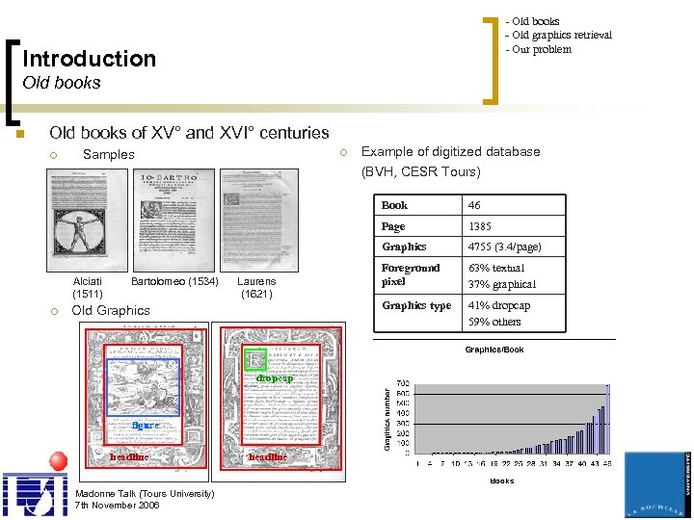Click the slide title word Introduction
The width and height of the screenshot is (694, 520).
pos(89,59)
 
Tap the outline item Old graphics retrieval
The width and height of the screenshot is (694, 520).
pos(561,36)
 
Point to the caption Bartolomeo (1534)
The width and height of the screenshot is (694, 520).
pos(174,281)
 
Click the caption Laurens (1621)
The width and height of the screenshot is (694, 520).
pos(256,287)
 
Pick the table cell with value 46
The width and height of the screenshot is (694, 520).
pos(474,205)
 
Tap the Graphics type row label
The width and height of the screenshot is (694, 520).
pos(416,305)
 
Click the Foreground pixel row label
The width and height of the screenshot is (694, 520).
pos(411,274)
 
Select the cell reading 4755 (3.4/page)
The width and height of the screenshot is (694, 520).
pos(504,247)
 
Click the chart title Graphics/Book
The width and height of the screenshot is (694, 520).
pos(494,350)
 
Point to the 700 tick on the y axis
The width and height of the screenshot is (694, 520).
pos(401,383)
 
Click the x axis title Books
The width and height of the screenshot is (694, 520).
pos(502,481)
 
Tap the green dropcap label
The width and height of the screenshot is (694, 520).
pos(274,378)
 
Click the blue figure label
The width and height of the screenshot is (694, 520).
pos(145,425)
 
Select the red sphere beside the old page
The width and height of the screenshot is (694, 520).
pos(58,460)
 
